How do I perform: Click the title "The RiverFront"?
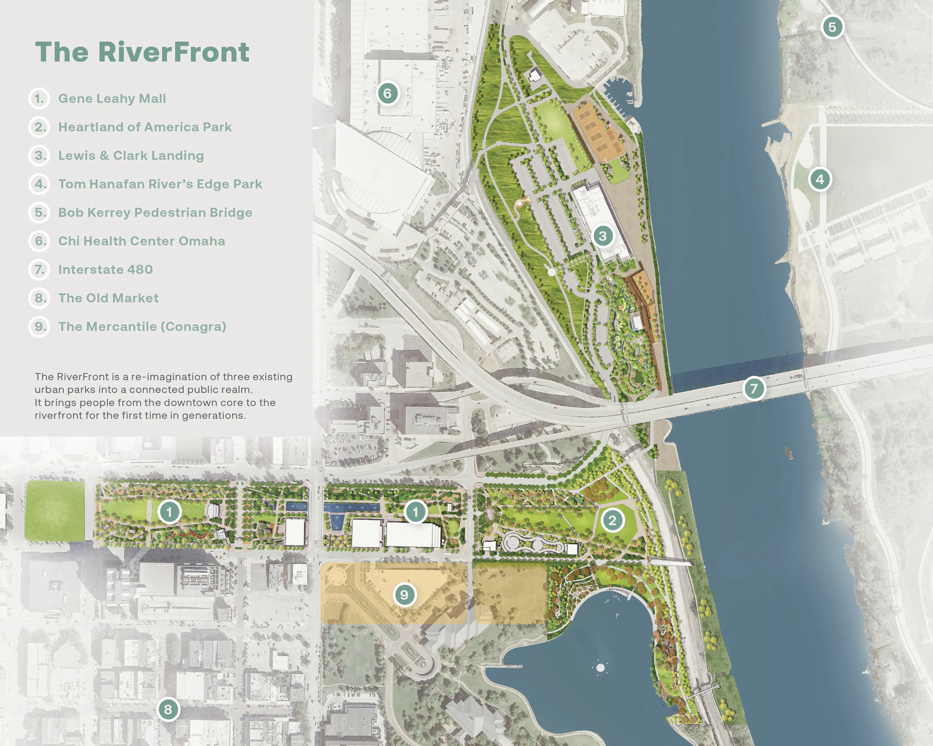[x=142, y=52]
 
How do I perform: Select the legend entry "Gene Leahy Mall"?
[x=112, y=99]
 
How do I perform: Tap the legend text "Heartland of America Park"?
[x=145, y=127]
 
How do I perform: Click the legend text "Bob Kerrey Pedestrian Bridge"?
[x=155, y=213]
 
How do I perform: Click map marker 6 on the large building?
[x=387, y=93]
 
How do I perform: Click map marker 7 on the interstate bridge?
[x=754, y=388]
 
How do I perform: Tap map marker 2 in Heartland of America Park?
[x=612, y=520]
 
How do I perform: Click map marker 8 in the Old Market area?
[x=168, y=709]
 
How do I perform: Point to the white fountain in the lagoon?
[x=600, y=668]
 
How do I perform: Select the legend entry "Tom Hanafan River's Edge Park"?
[x=160, y=184]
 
